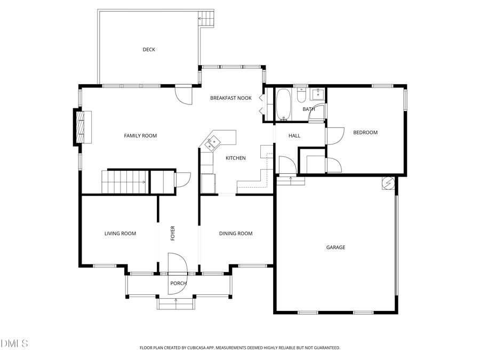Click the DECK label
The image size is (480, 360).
(149, 50)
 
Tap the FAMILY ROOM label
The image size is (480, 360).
(140, 135)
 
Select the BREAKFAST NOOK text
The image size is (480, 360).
(230, 98)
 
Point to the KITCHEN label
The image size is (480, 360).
(235, 158)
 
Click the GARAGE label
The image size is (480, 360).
(335, 247)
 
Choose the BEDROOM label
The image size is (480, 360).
(365, 132)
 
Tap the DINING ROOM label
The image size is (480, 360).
(236, 234)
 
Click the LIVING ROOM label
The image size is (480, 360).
(120, 234)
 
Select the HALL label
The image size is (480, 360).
(294, 135)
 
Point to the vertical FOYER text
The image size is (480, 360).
(173, 234)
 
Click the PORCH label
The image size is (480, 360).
(178, 283)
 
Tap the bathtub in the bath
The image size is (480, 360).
(283, 105)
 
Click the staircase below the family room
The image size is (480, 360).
(124, 182)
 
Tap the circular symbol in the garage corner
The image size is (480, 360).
(388, 183)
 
